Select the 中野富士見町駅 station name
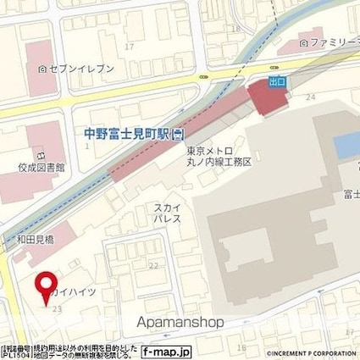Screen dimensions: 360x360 (128, 133)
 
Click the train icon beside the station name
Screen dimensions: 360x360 (178, 133)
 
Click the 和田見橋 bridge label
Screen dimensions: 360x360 (34, 239)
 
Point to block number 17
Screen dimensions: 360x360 (129, 46)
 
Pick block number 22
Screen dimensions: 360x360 (153, 265)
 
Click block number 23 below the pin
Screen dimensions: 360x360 (57, 310)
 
